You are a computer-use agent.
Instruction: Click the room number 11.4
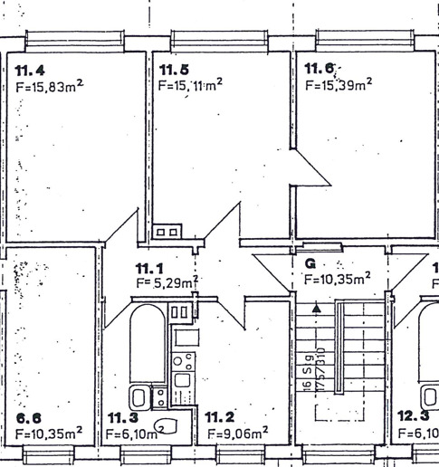[30, 70]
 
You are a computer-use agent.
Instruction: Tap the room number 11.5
[174, 70]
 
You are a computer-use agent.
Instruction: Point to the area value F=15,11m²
[190, 86]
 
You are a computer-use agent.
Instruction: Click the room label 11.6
[320, 70]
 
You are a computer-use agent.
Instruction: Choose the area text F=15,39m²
[339, 86]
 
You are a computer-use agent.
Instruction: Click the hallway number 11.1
[150, 269]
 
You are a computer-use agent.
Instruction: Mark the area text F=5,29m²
[167, 283]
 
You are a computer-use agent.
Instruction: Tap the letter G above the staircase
[310, 264]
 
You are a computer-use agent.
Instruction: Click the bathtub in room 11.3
[146, 344]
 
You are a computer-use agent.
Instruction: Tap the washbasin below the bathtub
[140, 396]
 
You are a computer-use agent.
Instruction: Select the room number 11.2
[219, 417]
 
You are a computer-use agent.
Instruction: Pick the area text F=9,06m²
[236, 434]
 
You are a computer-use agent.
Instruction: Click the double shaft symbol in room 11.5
[166, 233]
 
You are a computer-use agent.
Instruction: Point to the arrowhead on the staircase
[315, 309]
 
